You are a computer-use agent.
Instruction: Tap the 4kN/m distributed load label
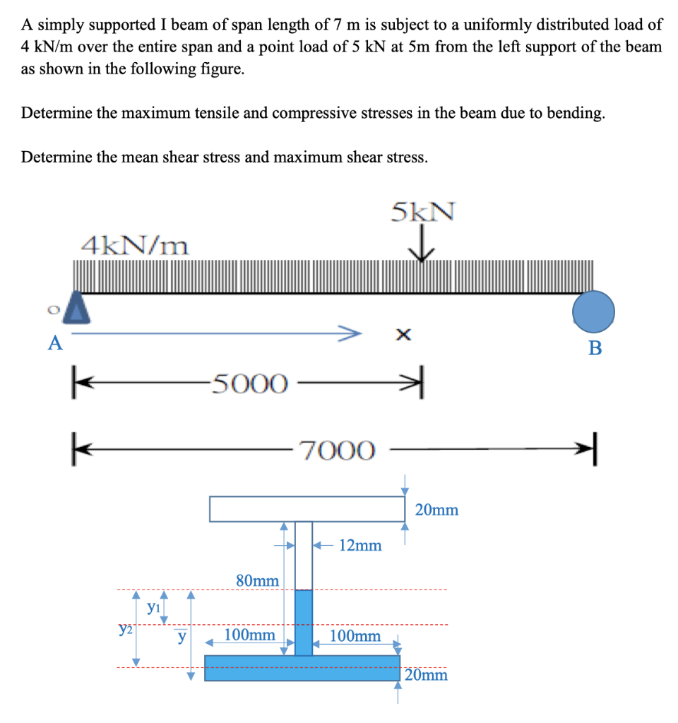[135, 246]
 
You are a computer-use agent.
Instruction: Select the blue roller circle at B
[593, 311]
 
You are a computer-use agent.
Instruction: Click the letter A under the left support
[54, 344]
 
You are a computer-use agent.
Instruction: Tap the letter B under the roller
[595, 348]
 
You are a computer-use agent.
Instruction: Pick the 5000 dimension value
[250, 384]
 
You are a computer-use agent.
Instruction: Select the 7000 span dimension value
[336, 450]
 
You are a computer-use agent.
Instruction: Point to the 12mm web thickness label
[360, 545]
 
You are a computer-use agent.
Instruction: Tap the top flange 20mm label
[436, 509]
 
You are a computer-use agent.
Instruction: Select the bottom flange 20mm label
[427, 675]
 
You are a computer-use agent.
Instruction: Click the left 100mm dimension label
[249, 635]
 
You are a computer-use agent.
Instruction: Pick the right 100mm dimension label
[355, 636]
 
